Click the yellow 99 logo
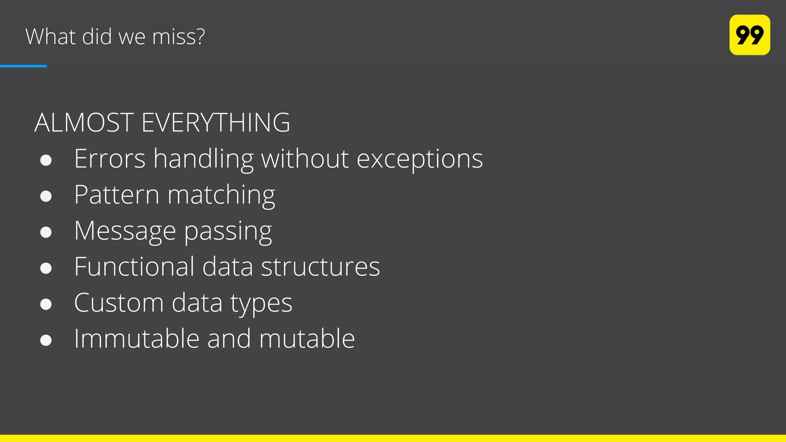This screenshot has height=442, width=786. [x=749, y=35]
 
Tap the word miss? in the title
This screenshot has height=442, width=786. [x=178, y=37]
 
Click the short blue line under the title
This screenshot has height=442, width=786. [x=23, y=66]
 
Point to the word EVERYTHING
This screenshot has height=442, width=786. [x=216, y=123]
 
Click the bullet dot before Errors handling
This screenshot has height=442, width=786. [x=46, y=160]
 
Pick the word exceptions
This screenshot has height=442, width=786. [x=419, y=159]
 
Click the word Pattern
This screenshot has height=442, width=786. [x=117, y=195]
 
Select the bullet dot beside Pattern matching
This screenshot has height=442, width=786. [x=46, y=196]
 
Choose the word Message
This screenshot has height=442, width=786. [x=125, y=231]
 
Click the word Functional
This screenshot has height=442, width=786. [x=134, y=266]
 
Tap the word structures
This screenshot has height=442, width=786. [x=320, y=267]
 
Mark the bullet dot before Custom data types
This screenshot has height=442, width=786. [x=46, y=304]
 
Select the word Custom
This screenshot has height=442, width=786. [x=119, y=303]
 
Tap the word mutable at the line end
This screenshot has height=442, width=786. [x=307, y=338]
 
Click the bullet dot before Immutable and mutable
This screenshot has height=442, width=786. [x=46, y=340]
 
